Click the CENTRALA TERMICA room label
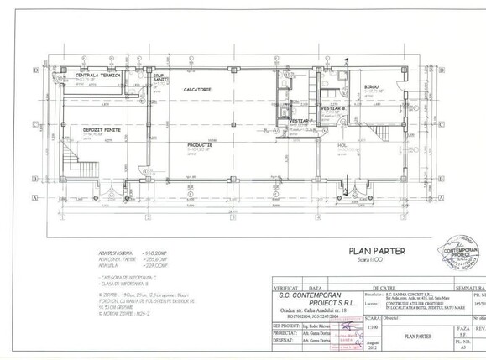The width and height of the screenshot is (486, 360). [99, 76]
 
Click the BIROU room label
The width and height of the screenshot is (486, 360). [371, 87]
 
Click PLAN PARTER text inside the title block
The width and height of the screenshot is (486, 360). [415, 335]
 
